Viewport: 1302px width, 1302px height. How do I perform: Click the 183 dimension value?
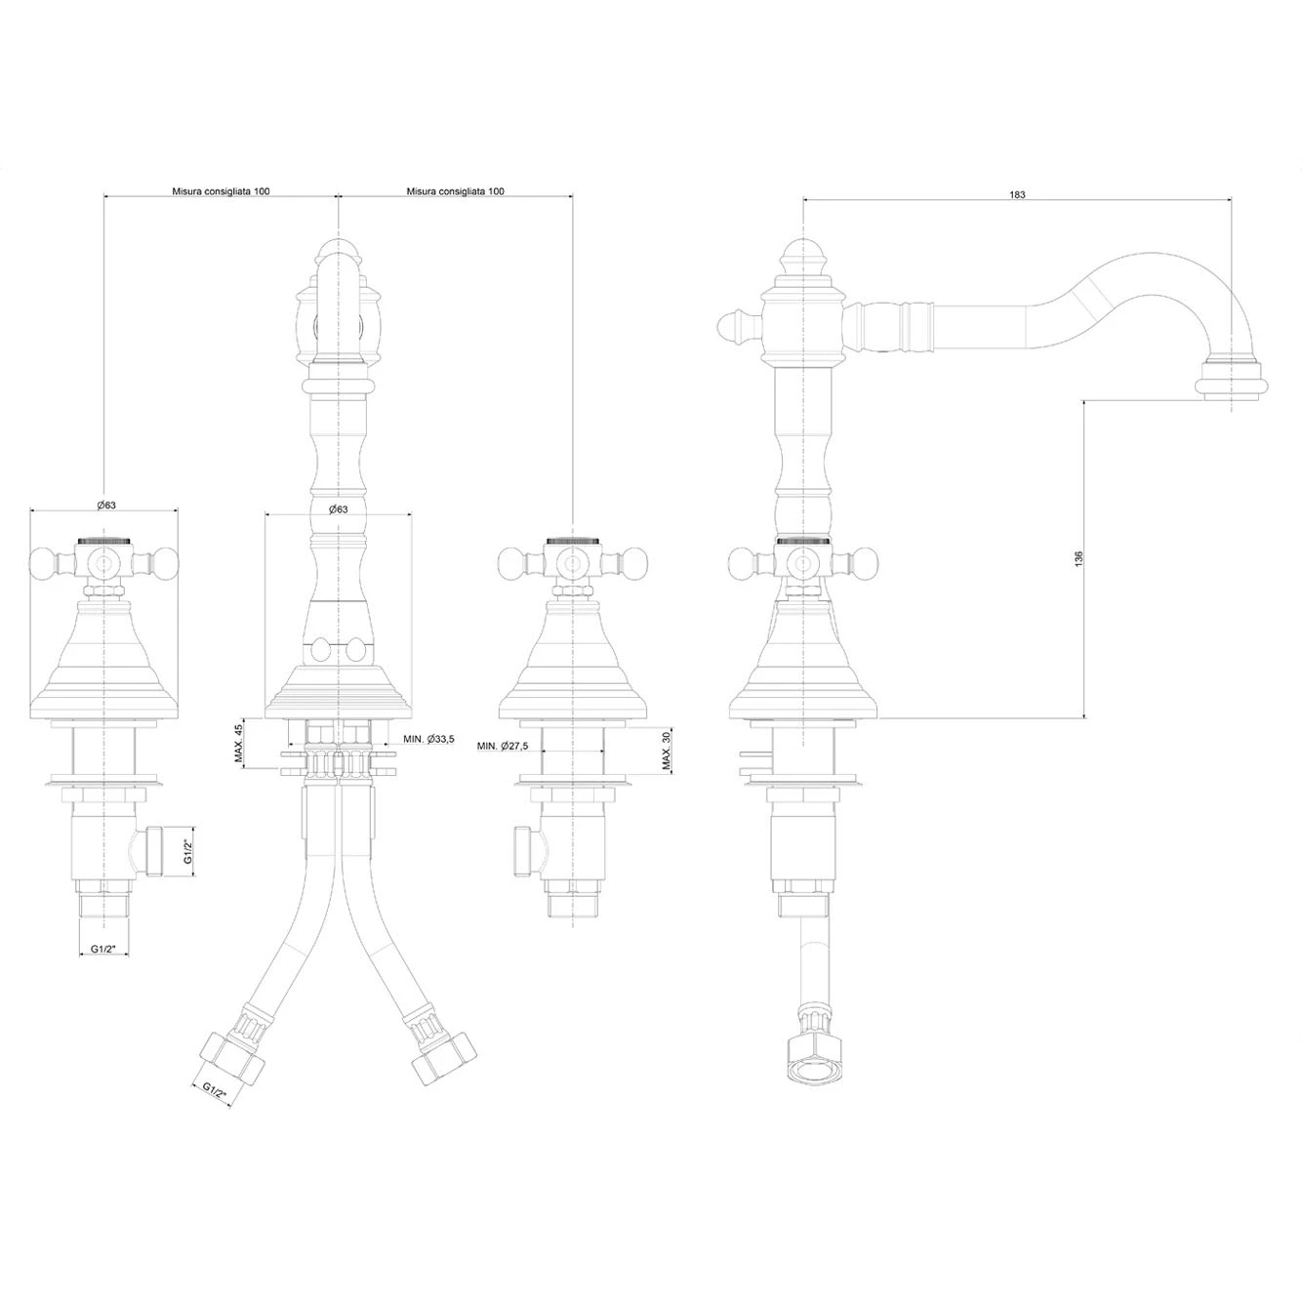point(1017,194)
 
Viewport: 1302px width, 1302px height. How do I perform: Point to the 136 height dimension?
point(1078,558)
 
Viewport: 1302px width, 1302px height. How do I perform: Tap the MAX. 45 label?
point(238,743)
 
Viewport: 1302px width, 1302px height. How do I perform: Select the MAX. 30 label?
point(666,751)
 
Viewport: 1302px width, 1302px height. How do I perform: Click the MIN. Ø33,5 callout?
point(429,739)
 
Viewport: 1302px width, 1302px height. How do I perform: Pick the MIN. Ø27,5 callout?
point(503,746)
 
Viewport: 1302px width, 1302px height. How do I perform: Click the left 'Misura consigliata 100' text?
point(221,191)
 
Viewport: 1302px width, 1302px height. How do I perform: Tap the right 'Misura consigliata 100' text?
point(455,191)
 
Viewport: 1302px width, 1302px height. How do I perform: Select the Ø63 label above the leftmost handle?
point(106,505)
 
